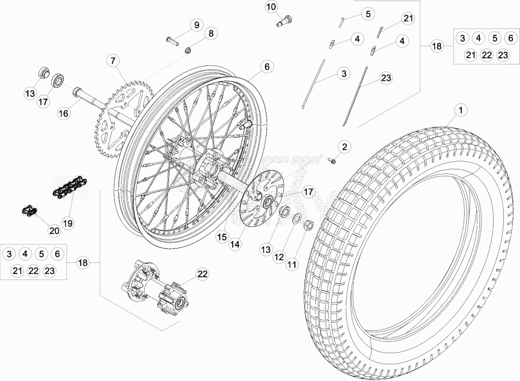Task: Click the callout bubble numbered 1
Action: point(461,110)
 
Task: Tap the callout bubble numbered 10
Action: point(271,7)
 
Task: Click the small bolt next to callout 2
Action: point(332,161)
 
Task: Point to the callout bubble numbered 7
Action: point(113,61)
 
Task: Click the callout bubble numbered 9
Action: point(197,25)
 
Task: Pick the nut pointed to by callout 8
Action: point(188,50)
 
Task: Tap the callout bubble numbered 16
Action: point(63,113)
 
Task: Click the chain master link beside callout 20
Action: point(29,211)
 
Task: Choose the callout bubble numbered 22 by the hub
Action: point(202,274)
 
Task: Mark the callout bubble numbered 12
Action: point(279,257)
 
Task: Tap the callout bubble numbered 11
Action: point(292,265)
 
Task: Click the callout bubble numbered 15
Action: point(222,237)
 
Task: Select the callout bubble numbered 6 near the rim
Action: point(267,67)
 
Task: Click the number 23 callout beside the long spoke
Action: point(386,78)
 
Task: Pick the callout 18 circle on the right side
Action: point(437,46)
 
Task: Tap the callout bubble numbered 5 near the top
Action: point(368,14)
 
